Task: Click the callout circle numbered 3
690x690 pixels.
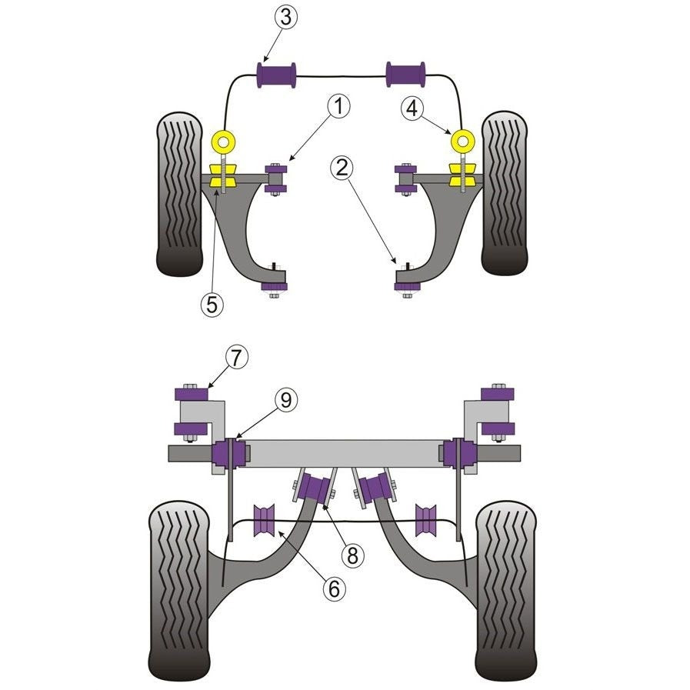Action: [286, 18]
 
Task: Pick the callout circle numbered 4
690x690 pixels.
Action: [412, 108]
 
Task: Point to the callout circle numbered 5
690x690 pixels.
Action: [212, 304]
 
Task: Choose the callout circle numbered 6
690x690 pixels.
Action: [335, 588]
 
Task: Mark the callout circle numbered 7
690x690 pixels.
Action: [236, 358]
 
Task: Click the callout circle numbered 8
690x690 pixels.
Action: [352, 556]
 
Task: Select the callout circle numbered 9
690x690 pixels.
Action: [286, 401]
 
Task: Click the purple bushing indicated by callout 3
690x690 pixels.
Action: [276, 75]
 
